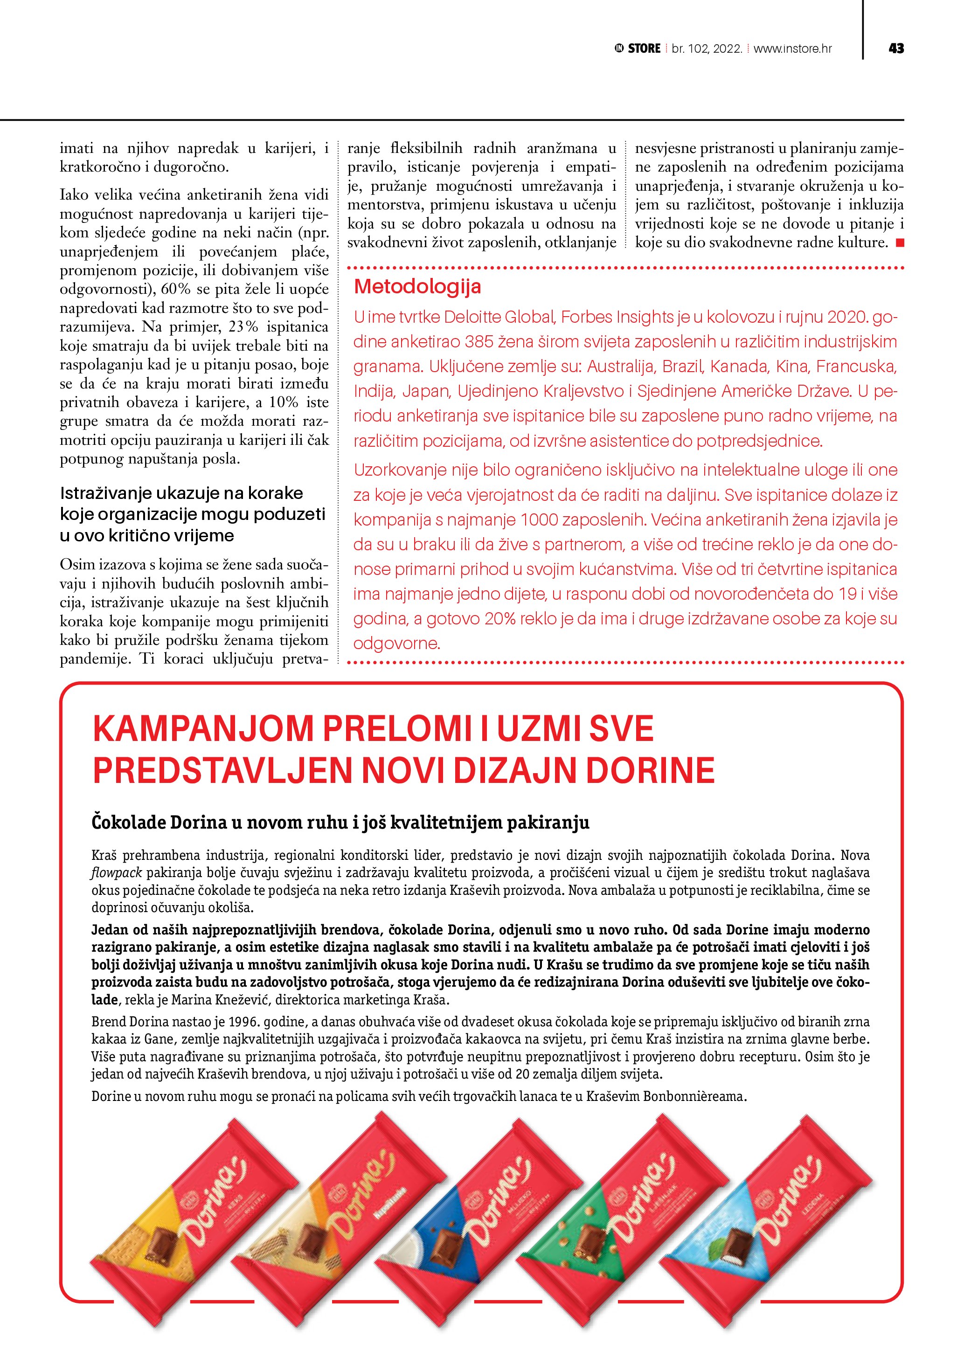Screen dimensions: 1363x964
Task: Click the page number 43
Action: (896, 48)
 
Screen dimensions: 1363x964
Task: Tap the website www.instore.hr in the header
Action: (792, 48)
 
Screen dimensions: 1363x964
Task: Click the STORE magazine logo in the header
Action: (638, 48)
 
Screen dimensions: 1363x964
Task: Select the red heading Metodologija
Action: (417, 287)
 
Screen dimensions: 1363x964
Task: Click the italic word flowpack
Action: (116, 872)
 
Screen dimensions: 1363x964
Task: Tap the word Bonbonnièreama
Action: (696, 1096)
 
